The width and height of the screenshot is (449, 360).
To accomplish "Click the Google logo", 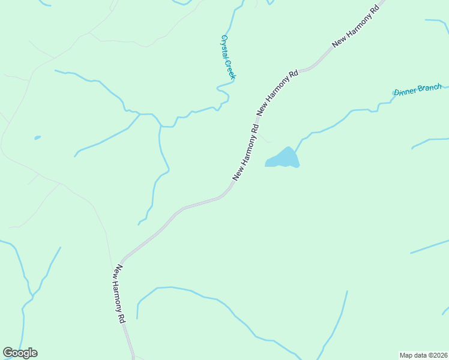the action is pos(20,353).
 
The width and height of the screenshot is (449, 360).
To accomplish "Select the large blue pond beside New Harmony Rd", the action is pos(283,158).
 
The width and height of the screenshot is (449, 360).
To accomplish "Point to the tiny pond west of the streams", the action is pos(37,137).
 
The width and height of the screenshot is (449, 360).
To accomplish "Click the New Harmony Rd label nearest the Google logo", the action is pos(121,295).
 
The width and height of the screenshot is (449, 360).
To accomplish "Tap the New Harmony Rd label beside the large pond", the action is pos(246,152).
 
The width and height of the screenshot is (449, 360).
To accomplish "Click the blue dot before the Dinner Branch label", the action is pos(394,92).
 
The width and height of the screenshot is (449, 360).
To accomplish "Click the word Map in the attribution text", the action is pos(406,355).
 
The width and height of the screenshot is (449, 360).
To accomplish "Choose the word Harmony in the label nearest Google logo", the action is pos(120,293).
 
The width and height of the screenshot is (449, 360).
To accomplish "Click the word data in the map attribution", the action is pos(419,355).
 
